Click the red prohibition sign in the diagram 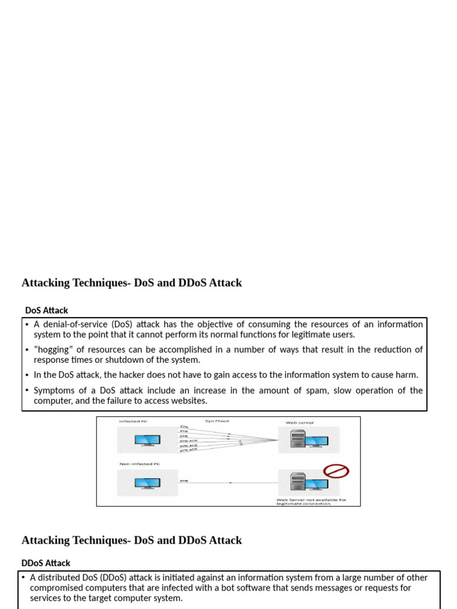[x=336, y=472]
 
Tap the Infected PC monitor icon [x=146, y=441]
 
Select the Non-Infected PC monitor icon [x=146, y=483]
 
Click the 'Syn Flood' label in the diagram [x=217, y=422]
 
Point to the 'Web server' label [x=300, y=423]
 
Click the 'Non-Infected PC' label [x=140, y=463]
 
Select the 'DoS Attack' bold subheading [x=46, y=310]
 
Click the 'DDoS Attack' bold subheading [x=46, y=563]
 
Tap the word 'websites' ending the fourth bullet [x=189, y=401]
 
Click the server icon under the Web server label [x=297, y=440]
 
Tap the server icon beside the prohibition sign [x=298, y=481]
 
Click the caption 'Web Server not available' [x=311, y=500]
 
